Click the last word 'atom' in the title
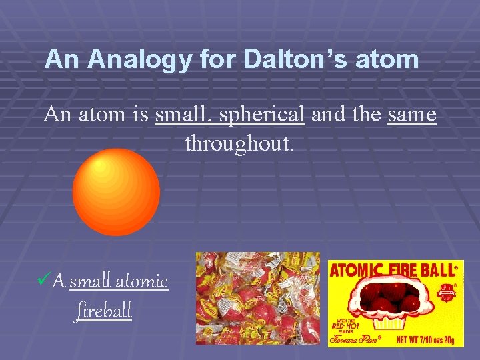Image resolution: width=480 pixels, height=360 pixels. (x=388, y=60)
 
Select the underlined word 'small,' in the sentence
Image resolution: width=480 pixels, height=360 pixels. (x=183, y=115)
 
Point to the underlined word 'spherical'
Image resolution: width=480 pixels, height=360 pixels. (x=261, y=115)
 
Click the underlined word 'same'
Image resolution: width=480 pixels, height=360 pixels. (x=411, y=115)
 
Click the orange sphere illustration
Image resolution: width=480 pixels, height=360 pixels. (x=116, y=192)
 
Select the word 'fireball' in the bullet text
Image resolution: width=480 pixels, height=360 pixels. (x=104, y=310)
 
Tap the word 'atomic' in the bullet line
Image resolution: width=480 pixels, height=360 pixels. (x=141, y=281)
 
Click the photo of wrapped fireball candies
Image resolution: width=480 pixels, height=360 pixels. (x=257, y=298)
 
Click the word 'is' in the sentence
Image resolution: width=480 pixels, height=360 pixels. (x=141, y=115)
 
